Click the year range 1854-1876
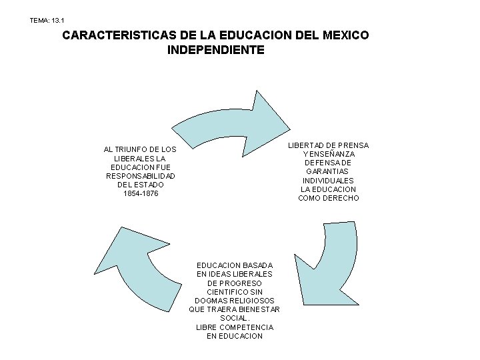coord(141,193)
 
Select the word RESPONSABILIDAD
coord(141,176)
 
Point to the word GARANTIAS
coord(329,171)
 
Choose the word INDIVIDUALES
coord(329,181)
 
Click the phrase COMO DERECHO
coord(329,198)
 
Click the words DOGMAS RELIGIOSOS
coord(235,301)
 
